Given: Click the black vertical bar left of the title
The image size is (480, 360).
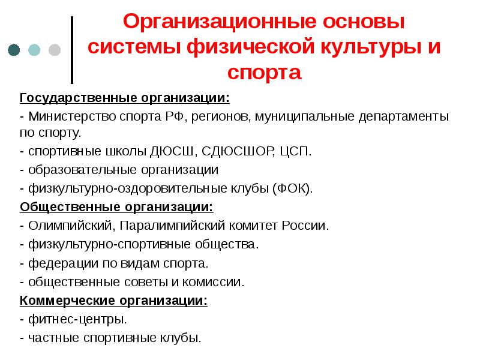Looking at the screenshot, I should pos(73,50).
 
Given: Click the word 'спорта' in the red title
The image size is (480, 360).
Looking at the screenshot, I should pos(264,73).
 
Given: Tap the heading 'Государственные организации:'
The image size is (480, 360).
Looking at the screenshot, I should pos(124,97).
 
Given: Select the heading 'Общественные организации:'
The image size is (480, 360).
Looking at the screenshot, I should pos(116,207).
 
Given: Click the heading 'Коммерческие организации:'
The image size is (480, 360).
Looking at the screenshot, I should pos(113,301).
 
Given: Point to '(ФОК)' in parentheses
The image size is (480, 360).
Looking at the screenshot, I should pos(292,188).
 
